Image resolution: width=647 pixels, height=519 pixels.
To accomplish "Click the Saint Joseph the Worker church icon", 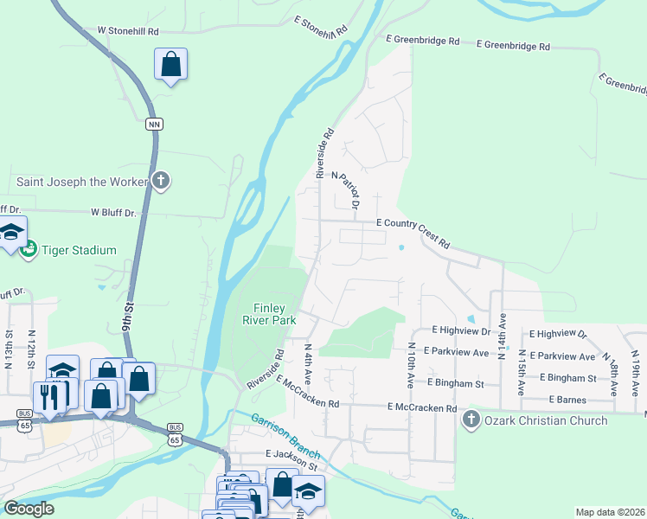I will (x=160, y=182).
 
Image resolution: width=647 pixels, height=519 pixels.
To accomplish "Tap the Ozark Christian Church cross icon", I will (x=471, y=421).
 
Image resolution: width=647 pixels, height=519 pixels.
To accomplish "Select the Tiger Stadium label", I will (x=78, y=250).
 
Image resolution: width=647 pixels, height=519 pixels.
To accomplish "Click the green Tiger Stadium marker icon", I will (x=28, y=249).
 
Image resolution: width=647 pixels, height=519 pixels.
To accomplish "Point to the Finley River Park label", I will (x=275, y=314).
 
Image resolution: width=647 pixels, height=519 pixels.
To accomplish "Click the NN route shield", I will (x=155, y=125).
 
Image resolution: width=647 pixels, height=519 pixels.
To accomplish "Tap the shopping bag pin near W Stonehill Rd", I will (x=171, y=64).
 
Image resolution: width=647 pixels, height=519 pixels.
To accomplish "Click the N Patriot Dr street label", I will (x=350, y=189).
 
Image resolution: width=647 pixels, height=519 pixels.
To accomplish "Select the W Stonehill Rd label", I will (x=128, y=30).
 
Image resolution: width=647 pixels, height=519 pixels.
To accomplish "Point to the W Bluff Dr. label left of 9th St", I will (x=114, y=212).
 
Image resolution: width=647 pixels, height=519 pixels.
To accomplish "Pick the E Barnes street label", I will (x=568, y=400).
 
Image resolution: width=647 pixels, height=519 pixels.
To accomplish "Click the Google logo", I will (x=29, y=509).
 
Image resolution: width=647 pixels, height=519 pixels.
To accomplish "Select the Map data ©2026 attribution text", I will (x=609, y=512).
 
